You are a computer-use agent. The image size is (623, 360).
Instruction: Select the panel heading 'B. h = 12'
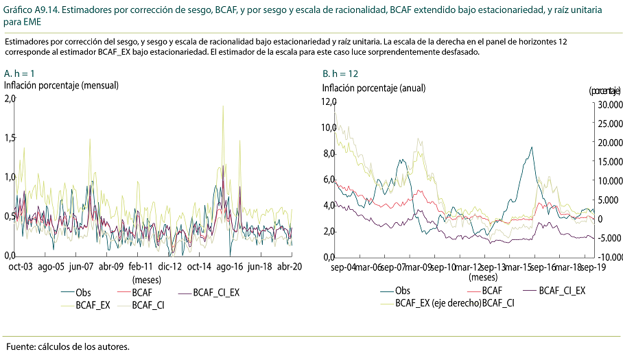pyautogui.click(x=340, y=73)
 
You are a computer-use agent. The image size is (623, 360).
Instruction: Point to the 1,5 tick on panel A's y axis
pyautogui.click(x=9, y=138)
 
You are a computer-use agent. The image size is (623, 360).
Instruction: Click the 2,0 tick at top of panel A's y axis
pyautogui.click(x=9, y=99)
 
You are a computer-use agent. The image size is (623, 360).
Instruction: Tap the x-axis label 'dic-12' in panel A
pyautogui.click(x=170, y=267)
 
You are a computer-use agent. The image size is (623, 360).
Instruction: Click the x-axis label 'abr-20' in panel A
pyautogui.click(x=290, y=267)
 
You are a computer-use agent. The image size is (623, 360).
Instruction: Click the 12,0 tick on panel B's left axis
pyautogui.click(x=329, y=101)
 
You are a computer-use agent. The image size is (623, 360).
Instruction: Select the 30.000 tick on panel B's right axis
pyautogui.click(x=609, y=104)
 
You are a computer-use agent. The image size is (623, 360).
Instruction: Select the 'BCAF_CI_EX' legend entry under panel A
pyautogui.click(x=216, y=292)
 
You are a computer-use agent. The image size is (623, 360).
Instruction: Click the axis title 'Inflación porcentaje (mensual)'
pyautogui.click(x=62, y=86)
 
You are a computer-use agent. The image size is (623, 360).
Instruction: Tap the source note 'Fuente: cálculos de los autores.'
pyautogui.click(x=67, y=346)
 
